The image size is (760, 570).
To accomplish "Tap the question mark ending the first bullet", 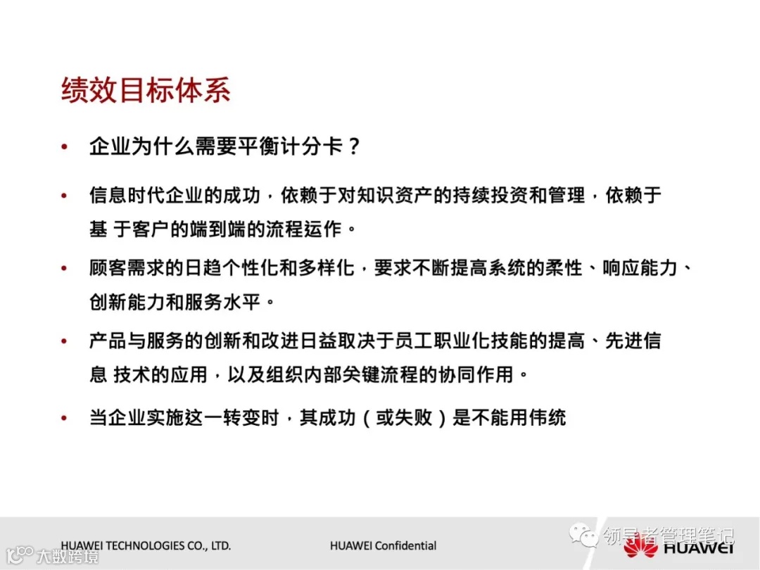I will point(354,147).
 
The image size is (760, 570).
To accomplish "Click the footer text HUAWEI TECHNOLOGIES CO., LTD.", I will point(146,545).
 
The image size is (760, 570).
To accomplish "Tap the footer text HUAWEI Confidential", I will point(383,545).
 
